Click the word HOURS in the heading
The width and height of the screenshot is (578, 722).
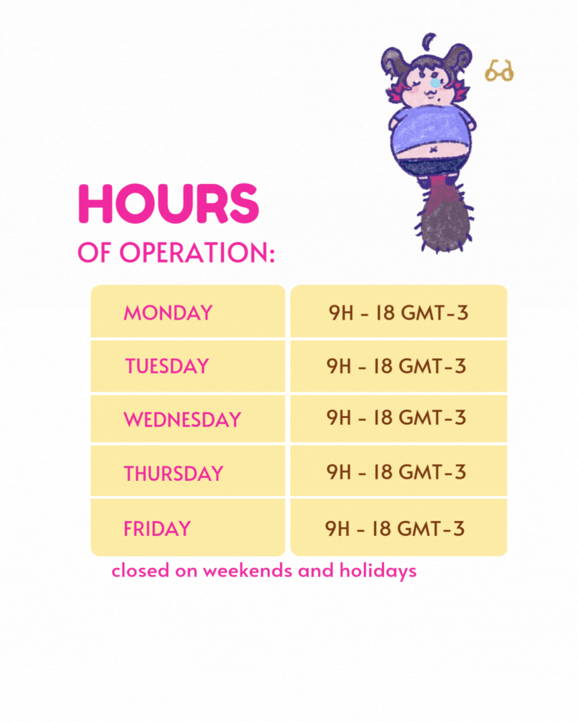click(168, 203)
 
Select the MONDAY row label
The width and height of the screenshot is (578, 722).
click(168, 313)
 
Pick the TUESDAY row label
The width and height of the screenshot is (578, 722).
click(167, 367)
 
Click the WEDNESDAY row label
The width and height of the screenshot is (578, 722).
click(183, 420)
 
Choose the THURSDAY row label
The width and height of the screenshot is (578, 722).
click(173, 474)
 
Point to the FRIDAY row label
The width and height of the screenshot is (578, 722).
click(157, 529)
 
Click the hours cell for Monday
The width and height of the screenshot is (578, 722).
click(399, 311)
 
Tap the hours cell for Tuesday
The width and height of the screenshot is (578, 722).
click(399, 366)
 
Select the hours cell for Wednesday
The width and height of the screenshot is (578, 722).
click(399, 418)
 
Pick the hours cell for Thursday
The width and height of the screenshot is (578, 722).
click(399, 471)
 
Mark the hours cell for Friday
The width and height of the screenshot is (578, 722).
click(399, 527)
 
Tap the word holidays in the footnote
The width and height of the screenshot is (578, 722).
click(378, 571)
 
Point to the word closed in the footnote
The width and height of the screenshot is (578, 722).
click(141, 571)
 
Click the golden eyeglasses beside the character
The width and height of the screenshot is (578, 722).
click(500, 71)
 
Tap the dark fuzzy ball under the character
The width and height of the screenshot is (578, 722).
click(444, 226)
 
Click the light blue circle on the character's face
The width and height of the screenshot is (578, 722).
click(435, 83)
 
